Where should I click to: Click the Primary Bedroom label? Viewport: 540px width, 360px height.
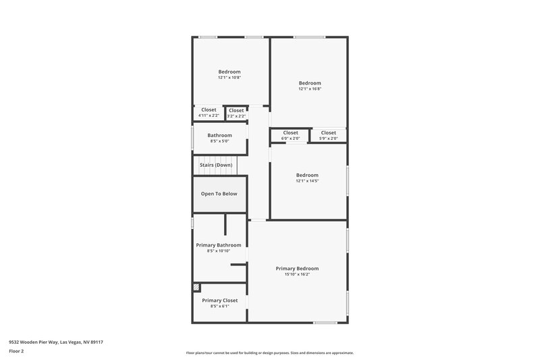297,268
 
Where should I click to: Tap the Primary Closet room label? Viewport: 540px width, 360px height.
219,300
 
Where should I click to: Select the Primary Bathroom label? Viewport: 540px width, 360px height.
219,245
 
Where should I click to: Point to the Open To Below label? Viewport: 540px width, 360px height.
219,194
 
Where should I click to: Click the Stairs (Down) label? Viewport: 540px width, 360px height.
216,165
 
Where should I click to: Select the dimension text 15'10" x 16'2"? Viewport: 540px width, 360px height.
297,274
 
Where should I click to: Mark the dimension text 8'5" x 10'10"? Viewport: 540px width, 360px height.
219,251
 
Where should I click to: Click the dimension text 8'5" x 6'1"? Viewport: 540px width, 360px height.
219,306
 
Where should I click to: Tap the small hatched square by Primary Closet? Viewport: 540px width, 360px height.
196,287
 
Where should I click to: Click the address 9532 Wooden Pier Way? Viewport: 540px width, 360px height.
55,342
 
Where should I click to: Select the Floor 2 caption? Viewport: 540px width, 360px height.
16,351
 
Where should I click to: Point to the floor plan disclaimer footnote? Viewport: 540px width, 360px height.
270,353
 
